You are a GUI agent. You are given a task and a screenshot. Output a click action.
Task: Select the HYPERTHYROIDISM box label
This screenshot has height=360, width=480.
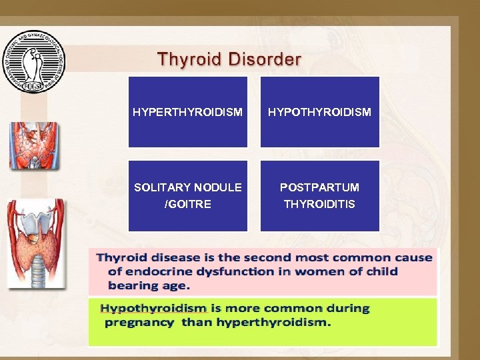187,112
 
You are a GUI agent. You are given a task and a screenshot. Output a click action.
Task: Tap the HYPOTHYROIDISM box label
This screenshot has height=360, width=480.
319,112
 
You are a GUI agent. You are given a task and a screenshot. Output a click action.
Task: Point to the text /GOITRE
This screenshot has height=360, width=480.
187,204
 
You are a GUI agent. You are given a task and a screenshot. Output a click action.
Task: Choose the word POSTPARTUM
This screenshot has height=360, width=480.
319,188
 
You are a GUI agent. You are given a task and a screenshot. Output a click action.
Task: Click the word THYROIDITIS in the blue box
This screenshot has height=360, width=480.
319,204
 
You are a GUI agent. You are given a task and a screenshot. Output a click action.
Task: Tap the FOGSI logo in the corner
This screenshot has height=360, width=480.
33,61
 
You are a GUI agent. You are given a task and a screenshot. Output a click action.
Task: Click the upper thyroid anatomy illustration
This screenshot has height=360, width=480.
34,145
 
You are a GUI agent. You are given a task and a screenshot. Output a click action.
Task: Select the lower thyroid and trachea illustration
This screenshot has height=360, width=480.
36,243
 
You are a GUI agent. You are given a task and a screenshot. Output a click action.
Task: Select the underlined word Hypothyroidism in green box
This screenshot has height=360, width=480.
154,309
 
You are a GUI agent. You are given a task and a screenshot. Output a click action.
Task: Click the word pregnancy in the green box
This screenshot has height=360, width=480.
139,323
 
